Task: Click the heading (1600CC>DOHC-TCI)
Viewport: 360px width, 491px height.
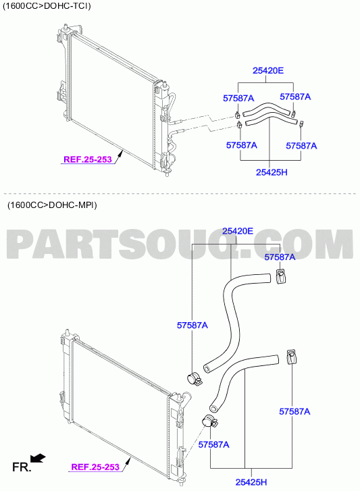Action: click(47, 6)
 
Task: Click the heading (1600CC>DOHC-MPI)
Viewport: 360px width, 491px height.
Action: click(52, 205)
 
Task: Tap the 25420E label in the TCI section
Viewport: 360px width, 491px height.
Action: click(268, 71)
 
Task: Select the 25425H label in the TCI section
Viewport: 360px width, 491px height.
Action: click(272, 172)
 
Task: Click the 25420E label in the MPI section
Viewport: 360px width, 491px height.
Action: click(238, 231)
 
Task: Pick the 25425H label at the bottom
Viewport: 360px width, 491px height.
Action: click(251, 482)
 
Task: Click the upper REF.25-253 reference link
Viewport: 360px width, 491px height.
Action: click(88, 159)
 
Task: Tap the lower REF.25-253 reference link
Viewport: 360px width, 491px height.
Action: click(95, 467)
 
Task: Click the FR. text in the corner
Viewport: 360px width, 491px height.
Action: click(22, 467)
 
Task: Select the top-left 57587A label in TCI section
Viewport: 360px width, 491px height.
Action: click(238, 99)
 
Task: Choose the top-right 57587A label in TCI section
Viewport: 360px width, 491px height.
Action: click(295, 97)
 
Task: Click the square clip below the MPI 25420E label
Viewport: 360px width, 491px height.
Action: click(281, 276)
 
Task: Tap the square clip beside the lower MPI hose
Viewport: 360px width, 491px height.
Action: click(292, 357)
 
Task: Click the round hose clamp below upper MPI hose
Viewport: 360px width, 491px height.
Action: click(194, 379)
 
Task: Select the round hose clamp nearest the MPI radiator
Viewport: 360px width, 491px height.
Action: click(209, 421)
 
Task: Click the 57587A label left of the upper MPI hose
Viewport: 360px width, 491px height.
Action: click(192, 326)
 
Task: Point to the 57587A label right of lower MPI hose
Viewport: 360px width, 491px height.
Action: click(294, 411)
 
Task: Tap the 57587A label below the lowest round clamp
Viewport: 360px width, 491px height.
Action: click(214, 444)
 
